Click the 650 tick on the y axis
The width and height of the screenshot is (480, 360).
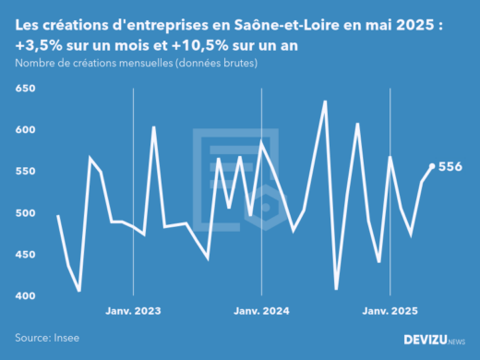click(x=24, y=89)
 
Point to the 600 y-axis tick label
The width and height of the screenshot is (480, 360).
click(x=24, y=130)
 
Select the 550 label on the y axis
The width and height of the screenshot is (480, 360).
click(x=24, y=172)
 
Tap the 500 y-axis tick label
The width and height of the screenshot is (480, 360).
click(x=24, y=213)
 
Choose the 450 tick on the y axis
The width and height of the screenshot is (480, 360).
click(x=24, y=255)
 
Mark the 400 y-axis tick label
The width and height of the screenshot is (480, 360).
click(x=24, y=296)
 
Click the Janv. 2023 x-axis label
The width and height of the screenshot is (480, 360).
click(x=134, y=312)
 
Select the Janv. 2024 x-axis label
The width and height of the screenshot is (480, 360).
click(x=262, y=312)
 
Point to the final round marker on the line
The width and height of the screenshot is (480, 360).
click(x=432, y=167)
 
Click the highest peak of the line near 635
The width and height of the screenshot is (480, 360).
click(x=325, y=102)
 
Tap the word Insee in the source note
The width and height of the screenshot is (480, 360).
click(x=66, y=339)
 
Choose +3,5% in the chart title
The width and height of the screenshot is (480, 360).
click(x=40, y=45)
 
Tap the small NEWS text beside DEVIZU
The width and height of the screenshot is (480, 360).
click(x=456, y=342)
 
